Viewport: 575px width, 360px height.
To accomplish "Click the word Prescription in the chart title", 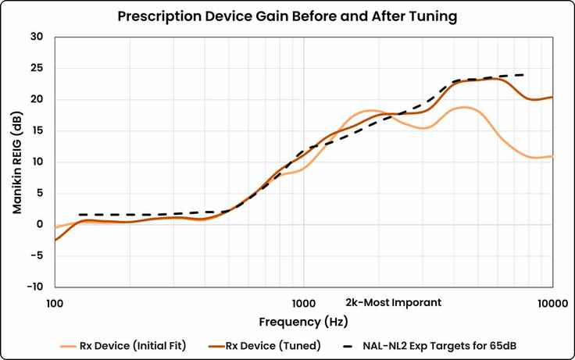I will tap(153, 16).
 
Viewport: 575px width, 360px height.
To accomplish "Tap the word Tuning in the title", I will tap(430, 16).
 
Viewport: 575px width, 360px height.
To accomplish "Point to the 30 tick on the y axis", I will tap(37, 37).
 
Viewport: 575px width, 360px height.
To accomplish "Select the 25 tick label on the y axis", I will tap(37, 68).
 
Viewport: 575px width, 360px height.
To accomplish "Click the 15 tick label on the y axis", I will tap(37, 130).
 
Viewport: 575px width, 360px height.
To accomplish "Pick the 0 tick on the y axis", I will tap(40, 224).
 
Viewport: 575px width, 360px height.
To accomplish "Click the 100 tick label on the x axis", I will tap(55, 302).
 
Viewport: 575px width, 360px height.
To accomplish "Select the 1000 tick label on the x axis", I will tap(303, 302).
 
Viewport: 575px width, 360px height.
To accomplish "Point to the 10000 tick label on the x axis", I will tap(552, 302).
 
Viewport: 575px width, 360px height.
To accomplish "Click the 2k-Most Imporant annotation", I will tap(393, 302).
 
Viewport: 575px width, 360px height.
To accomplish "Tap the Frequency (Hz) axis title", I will tap(303, 322).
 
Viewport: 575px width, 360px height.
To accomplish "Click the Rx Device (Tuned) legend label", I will tap(273, 344).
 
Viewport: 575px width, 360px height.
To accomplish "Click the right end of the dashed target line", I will tap(523, 75).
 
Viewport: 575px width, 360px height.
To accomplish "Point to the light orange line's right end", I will tap(552, 156).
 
